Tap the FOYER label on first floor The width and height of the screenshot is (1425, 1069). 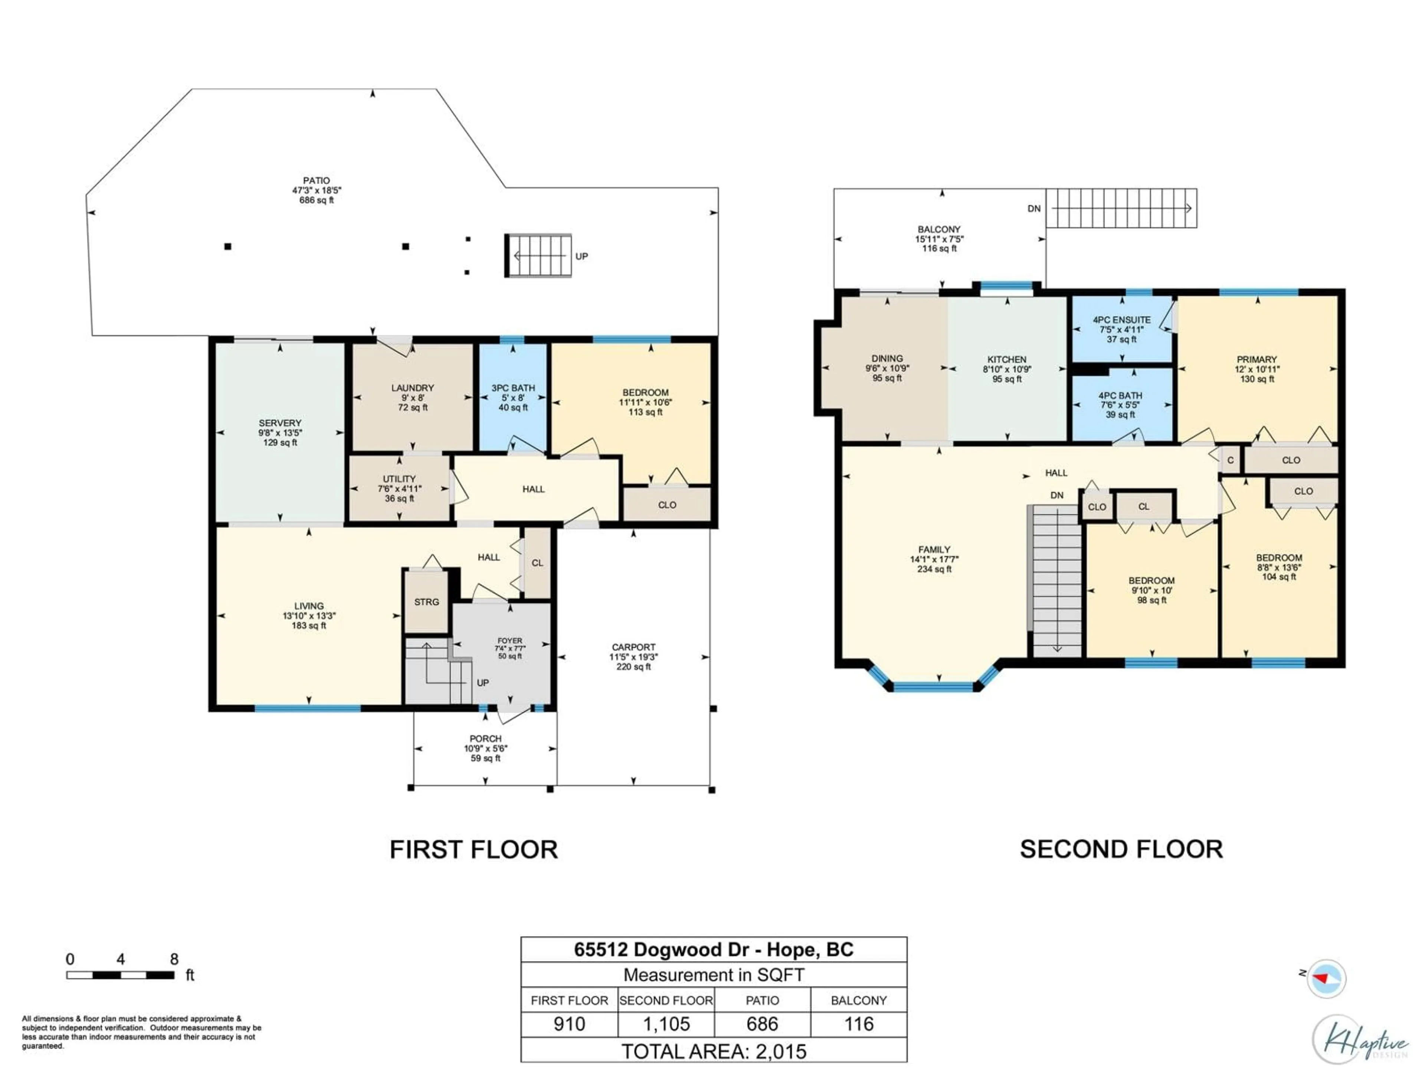[x=510, y=641]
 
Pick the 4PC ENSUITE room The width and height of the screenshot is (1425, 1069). [x=1121, y=329]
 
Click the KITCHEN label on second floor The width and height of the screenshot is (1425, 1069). [x=1006, y=360]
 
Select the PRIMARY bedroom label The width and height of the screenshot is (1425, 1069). [x=1256, y=360]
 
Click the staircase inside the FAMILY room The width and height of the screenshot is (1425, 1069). [x=1057, y=580]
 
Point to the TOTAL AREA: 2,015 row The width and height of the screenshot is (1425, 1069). [x=713, y=1052]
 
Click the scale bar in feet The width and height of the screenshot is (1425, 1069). [x=121, y=975]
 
